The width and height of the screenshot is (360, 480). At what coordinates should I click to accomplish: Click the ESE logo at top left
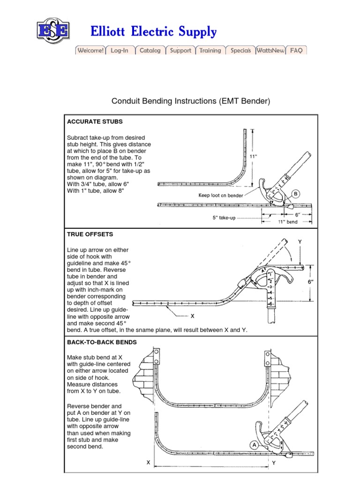[x=53, y=31]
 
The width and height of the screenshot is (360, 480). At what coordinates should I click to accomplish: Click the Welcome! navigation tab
[x=90, y=51]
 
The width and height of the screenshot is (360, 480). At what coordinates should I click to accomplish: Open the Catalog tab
[x=150, y=51]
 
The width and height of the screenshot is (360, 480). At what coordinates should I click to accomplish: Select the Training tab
[x=210, y=51]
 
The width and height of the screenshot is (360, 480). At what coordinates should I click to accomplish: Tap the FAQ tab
[x=296, y=51]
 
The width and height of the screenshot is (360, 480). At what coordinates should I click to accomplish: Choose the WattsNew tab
[x=270, y=51]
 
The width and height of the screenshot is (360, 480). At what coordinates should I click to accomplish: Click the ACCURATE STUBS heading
[x=95, y=121]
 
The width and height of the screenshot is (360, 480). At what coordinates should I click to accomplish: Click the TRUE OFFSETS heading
[x=90, y=234]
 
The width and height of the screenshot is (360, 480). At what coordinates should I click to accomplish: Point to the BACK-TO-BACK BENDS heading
[x=102, y=342]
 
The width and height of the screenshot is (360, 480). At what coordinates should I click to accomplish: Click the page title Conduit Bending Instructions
[x=191, y=101]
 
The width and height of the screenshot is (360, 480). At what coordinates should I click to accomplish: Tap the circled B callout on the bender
[x=296, y=194]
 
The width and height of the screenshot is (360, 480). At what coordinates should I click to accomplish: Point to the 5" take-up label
[x=224, y=217]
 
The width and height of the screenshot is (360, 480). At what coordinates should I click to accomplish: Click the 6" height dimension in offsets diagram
[x=323, y=282]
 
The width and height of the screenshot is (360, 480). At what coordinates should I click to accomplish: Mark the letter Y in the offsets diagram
[x=300, y=242]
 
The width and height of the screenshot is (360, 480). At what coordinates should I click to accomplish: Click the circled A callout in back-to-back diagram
[x=254, y=445]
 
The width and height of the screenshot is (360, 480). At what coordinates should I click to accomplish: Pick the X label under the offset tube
[x=192, y=316]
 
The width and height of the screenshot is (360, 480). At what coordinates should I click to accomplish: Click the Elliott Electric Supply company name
[x=154, y=32]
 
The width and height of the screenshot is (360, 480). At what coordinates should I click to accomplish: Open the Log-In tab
[x=120, y=51]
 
